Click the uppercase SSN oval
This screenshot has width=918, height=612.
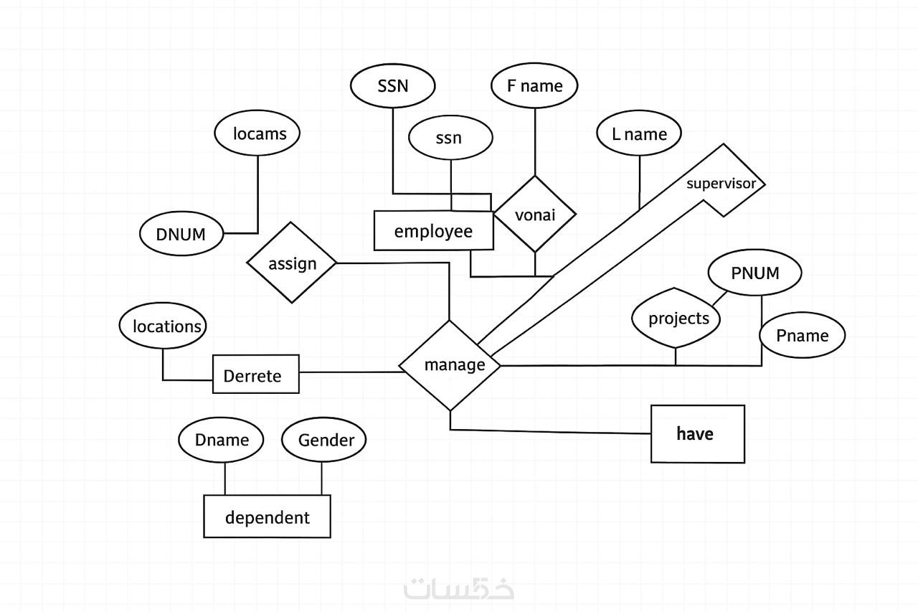392,86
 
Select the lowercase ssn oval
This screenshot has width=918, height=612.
450,138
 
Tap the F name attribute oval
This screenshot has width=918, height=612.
534,86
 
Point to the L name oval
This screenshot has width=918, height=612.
638,134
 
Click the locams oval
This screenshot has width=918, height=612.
257,134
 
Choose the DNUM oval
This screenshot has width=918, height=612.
181,234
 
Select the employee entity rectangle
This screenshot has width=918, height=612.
433,231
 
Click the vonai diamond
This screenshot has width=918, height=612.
535,215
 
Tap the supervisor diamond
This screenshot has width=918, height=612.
721,183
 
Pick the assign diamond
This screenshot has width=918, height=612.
292,263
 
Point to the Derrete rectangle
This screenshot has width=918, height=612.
255,375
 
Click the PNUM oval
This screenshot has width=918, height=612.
754,273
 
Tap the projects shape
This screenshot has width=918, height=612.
677,319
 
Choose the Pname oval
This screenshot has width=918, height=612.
802,336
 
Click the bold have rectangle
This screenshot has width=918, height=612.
697,433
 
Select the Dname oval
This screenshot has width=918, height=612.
221,440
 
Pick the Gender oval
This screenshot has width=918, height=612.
323,440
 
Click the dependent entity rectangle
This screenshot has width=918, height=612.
267,517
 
